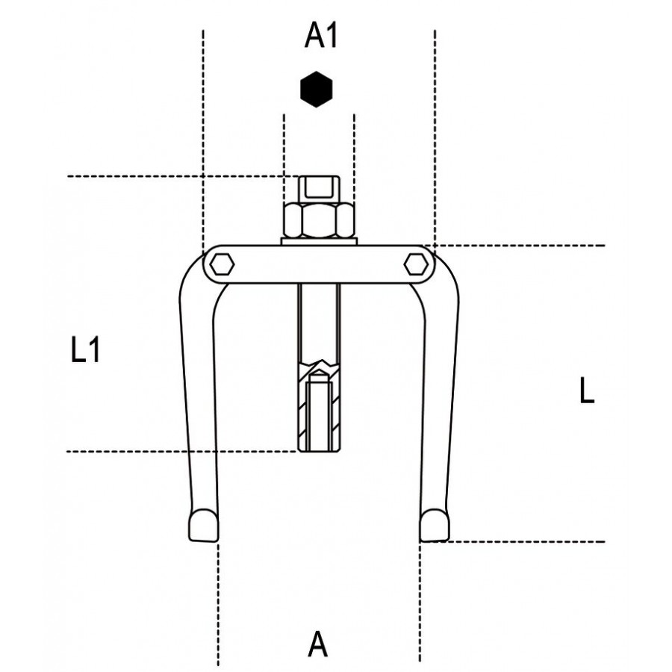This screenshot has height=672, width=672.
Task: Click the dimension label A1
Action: pyautogui.click(x=321, y=36)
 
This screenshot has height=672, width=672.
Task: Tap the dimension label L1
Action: pyautogui.click(x=85, y=349)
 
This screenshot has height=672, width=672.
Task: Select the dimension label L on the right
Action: pyautogui.click(x=587, y=390)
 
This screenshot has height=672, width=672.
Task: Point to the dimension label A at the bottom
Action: pyautogui.click(x=317, y=644)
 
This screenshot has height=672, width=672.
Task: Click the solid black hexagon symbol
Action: pyautogui.click(x=317, y=89)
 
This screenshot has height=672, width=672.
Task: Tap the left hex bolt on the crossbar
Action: pyautogui.click(x=222, y=264)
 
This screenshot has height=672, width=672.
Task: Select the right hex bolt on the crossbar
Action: pyautogui.click(x=416, y=264)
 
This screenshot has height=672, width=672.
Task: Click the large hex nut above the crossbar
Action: pyautogui.click(x=319, y=220)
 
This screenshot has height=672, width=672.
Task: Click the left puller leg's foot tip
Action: pyautogui.click(x=204, y=526)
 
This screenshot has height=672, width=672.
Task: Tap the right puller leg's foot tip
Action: pyautogui.click(x=435, y=526)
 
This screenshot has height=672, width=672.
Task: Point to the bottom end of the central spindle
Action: pyautogui.click(x=320, y=450)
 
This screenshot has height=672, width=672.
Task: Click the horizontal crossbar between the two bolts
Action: pyautogui.click(x=319, y=264)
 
